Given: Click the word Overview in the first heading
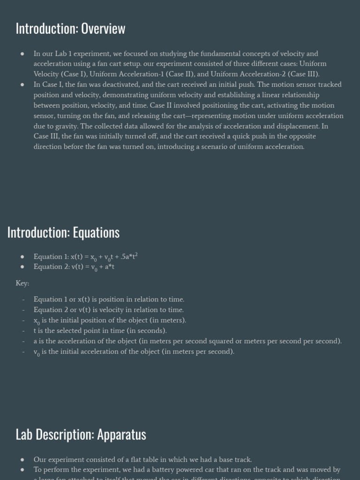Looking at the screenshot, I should coord(103,29).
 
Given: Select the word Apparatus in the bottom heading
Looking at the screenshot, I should coord(121,435).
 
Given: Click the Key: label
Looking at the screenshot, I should coord(22,283).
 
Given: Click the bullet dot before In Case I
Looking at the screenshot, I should coord(22,85).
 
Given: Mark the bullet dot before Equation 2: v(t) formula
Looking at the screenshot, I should coord(22,267).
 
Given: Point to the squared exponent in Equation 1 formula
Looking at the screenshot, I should coord(136,254).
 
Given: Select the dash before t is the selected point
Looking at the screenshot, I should coord(22,331).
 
